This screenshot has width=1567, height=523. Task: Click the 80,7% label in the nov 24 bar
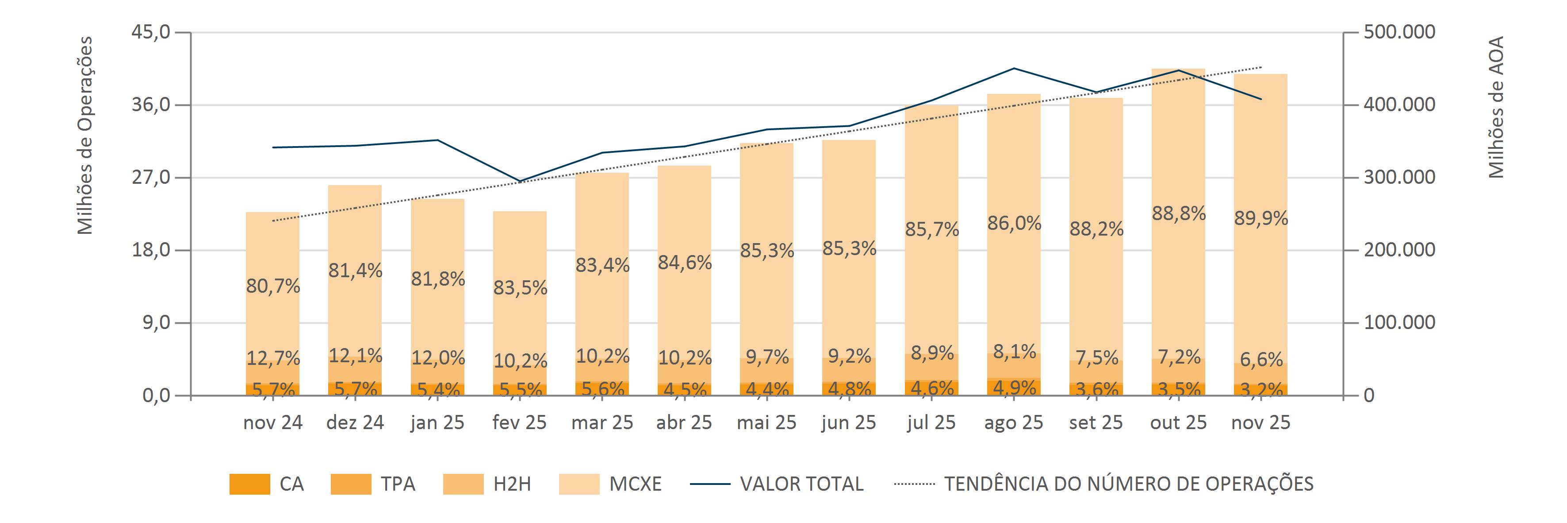(273, 286)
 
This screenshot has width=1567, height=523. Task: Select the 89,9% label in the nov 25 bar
(1261, 218)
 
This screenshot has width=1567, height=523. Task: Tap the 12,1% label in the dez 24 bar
(355, 355)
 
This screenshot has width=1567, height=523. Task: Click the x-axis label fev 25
(520, 422)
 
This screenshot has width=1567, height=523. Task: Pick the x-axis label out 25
(1178, 422)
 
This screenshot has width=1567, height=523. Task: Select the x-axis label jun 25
(849, 422)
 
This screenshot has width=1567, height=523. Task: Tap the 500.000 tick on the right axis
(1399, 32)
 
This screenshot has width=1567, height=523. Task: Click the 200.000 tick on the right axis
(1399, 250)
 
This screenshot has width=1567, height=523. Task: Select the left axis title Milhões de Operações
(85, 135)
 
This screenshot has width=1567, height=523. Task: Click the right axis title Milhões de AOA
(1496, 107)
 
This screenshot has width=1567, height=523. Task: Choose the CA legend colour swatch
(249, 484)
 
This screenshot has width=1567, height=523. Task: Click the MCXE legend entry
(635, 484)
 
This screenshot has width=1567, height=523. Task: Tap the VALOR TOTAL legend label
(801, 484)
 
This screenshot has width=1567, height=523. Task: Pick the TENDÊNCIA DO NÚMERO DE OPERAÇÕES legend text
(1128, 484)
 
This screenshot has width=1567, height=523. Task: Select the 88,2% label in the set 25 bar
(1096, 229)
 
